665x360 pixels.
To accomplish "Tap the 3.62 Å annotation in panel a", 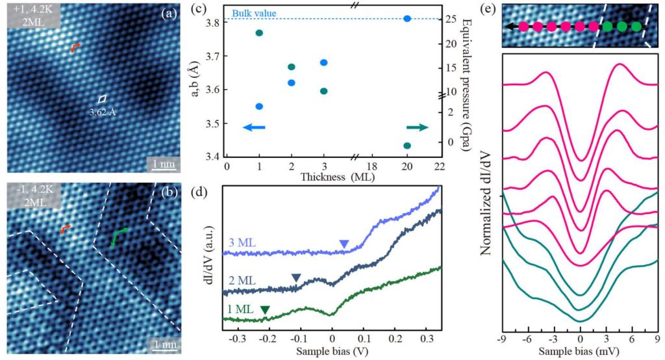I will pyautogui.click(x=103, y=112).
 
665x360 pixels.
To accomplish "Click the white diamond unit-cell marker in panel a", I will pyautogui.click(x=102, y=99).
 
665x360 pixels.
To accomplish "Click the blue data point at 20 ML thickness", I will pyautogui.click(x=407, y=19).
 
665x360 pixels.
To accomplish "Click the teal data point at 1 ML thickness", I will pyautogui.click(x=259, y=32).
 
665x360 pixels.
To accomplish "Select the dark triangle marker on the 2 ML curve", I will pyautogui.click(x=296, y=278).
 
